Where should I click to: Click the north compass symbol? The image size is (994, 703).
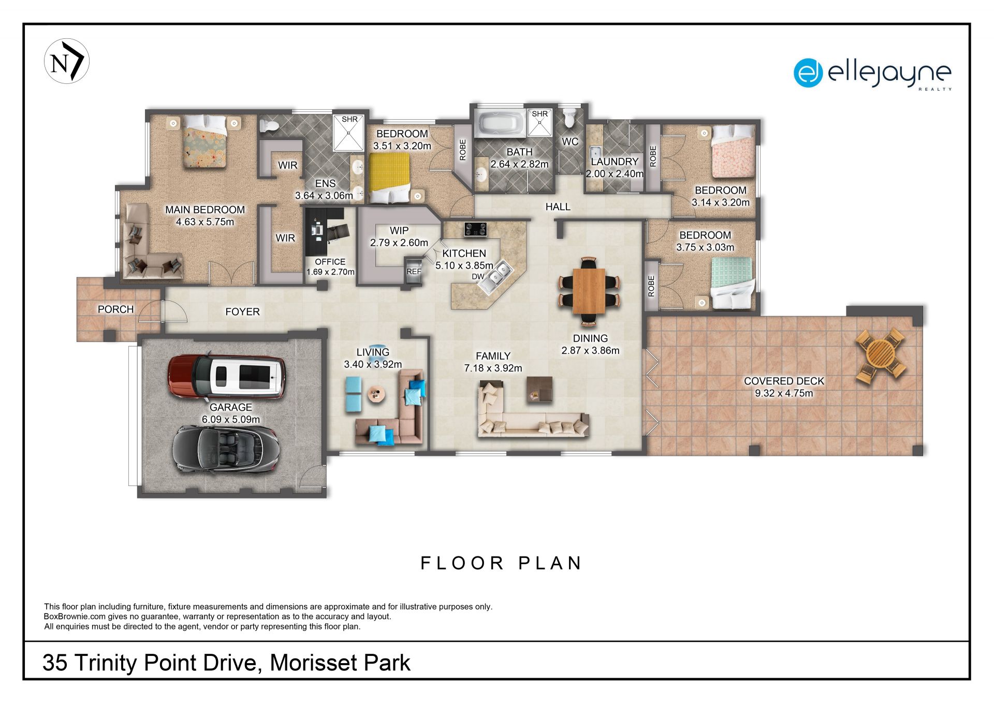[67, 61]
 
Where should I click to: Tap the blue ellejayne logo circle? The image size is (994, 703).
[808, 73]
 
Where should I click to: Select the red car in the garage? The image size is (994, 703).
[227, 376]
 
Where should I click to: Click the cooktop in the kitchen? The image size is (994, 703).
[475, 229]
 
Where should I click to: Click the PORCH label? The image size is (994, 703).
[115, 309]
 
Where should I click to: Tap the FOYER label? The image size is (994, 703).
[242, 311]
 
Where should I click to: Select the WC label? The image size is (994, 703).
[570, 141]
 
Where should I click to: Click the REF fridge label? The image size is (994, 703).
[414, 271]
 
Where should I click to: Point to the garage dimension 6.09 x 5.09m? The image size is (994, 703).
[231, 419]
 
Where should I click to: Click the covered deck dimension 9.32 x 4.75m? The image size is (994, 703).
[784, 393]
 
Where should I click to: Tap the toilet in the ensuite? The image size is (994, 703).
[269, 125]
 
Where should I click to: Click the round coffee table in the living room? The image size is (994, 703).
[376, 395]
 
